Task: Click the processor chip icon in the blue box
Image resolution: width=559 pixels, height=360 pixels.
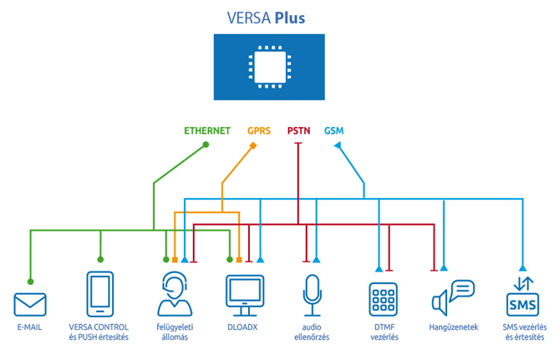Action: point(268,67)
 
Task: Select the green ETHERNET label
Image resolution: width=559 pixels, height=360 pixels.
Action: point(207,130)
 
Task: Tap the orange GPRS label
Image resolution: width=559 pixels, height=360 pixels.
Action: point(259,130)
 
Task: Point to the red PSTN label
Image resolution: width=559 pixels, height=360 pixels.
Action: point(298,130)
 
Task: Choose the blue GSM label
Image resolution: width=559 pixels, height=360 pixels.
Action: point(333,130)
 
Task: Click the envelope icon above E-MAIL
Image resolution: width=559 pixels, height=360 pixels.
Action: point(30,303)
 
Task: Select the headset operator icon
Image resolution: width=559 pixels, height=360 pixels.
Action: point(173,294)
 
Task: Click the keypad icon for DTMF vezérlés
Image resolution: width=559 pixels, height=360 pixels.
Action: point(383,299)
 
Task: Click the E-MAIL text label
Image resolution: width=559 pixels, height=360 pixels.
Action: point(29,327)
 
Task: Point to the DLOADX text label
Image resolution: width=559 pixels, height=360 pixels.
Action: point(245,327)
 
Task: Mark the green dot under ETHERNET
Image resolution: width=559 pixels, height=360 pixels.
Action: point(206,145)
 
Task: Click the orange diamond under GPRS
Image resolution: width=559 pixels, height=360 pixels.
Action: point(253,145)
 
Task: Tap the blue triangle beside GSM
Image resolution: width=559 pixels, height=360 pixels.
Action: point(338,145)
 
